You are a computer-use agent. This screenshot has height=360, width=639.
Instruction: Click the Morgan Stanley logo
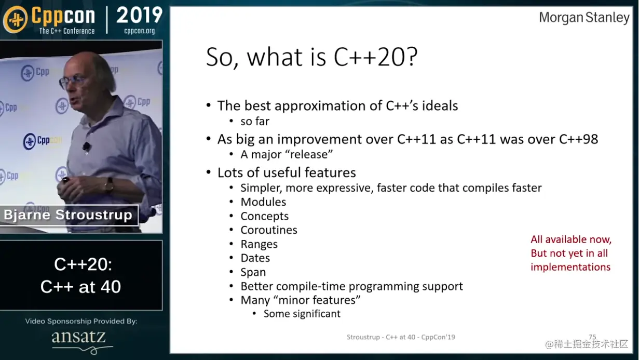(584, 18)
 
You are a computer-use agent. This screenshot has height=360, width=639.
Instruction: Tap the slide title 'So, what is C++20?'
(312, 57)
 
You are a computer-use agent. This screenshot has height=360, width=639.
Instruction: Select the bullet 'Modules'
(263, 202)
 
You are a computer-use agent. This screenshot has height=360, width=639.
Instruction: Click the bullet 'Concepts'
(264, 216)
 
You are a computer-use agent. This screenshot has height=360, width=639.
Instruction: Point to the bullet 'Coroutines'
(269, 230)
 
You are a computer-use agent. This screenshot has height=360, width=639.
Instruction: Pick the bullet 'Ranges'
(259, 244)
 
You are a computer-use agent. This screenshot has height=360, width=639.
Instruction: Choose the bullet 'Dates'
(255, 258)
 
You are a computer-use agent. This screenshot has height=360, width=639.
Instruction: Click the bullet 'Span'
(253, 272)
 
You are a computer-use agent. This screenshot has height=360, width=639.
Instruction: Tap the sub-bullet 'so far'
(255, 122)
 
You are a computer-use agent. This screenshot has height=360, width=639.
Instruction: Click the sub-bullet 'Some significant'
(302, 314)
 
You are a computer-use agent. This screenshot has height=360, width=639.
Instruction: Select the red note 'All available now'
(571, 239)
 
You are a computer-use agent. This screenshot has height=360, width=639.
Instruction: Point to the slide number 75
(592, 337)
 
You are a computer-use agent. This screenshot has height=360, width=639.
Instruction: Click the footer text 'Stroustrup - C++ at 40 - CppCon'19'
(401, 337)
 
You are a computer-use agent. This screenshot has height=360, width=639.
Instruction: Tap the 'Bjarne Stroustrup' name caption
(68, 215)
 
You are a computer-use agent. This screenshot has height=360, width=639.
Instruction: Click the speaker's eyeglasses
(71, 81)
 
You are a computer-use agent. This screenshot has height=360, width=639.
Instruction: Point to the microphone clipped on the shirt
(87, 146)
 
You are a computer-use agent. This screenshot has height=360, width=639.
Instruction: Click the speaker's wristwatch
(109, 184)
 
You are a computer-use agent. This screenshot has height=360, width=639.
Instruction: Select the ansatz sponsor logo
(81, 341)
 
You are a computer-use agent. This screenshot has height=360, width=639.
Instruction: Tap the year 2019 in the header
(140, 15)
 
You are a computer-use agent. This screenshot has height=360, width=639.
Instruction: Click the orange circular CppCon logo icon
(16, 19)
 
